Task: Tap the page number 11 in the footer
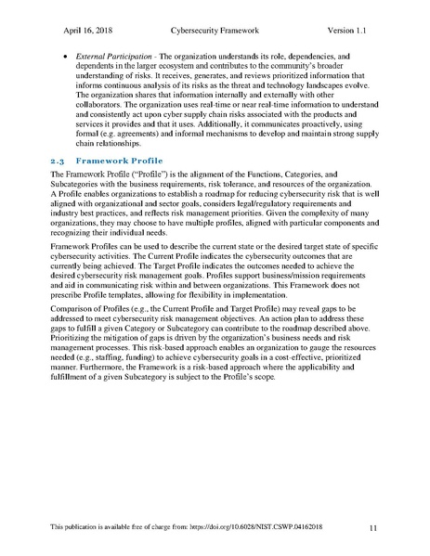tap(372, 528)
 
